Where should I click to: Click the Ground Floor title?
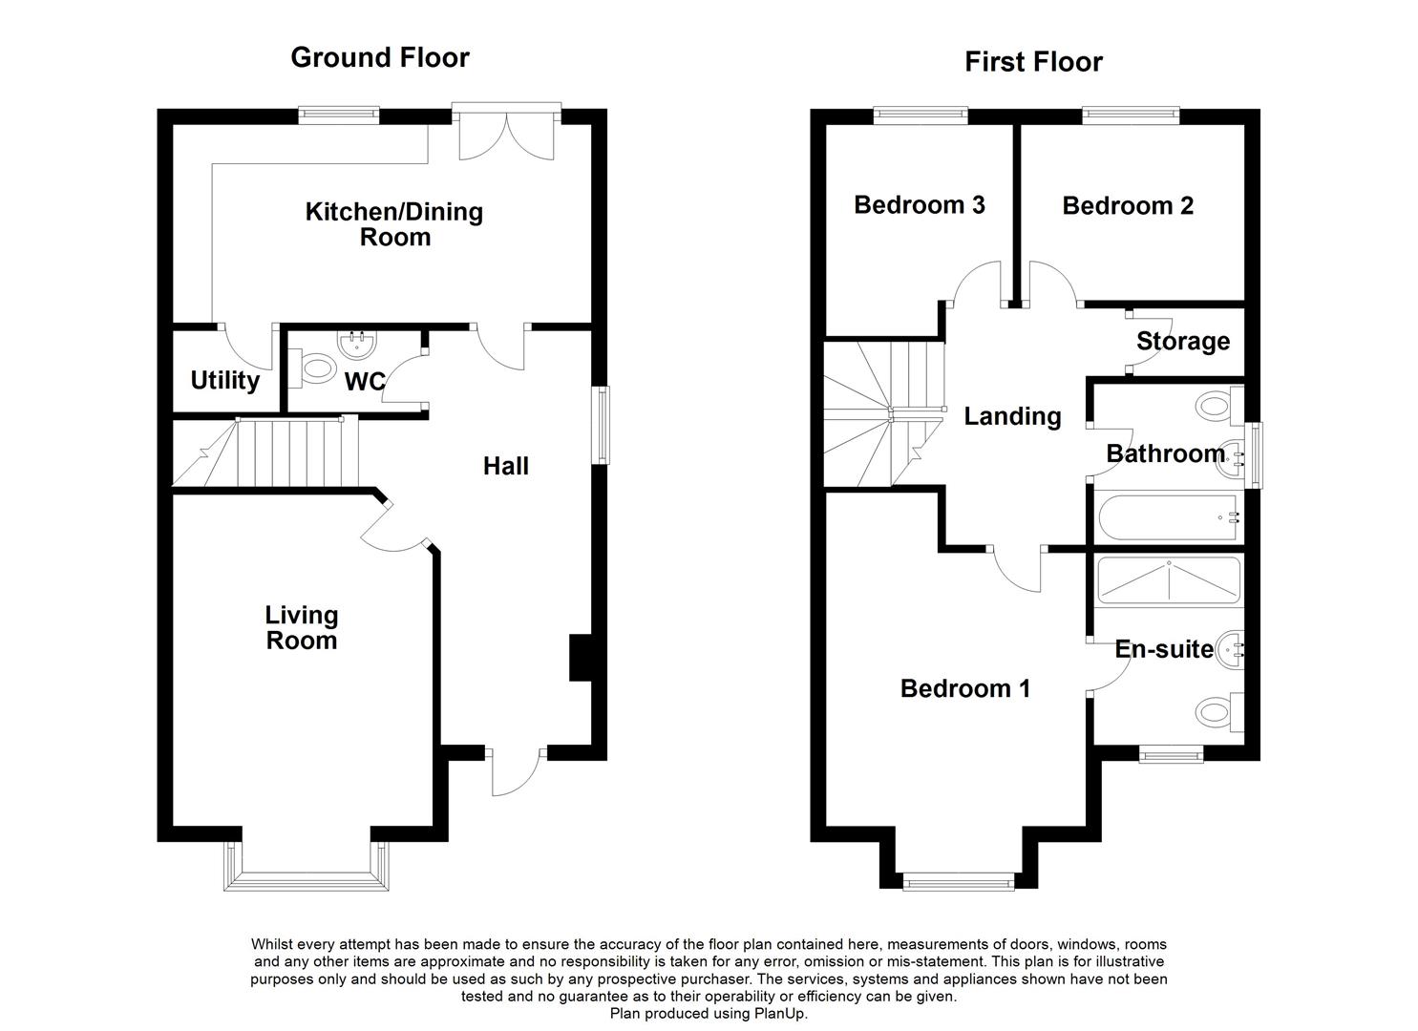(x=380, y=57)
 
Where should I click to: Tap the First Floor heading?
(x=1033, y=62)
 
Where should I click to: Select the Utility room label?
(x=224, y=380)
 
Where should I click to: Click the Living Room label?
(x=302, y=627)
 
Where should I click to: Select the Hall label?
(x=506, y=466)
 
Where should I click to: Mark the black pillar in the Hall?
(x=580, y=658)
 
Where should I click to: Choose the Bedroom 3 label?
(x=920, y=205)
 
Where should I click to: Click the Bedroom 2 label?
(x=1128, y=205)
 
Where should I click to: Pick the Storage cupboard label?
(x=1183, y=341)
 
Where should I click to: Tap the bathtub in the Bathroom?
(x=1169, y=517)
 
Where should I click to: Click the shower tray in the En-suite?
(x=1169, y=579)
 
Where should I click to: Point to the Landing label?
(x=1012, y=416)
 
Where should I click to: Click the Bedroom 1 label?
(x=964, y=688)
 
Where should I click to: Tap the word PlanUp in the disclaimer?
(x=780, y=1013)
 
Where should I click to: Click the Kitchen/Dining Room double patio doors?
(x=506, y=132)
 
